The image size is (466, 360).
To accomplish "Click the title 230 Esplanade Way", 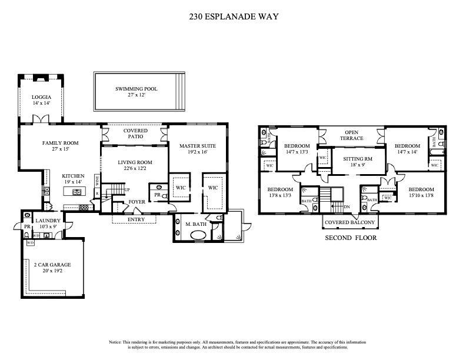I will (x=234, y=16).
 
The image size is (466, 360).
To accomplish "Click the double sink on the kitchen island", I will (x=76, y=192).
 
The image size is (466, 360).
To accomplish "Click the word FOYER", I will (x=137, y=202).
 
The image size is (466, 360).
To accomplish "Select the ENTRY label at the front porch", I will (x=137, y=219).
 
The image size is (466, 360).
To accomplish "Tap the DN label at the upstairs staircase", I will (x=348, y=206).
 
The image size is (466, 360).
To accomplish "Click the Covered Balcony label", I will (x=351, y=223).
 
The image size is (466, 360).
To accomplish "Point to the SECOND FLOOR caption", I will (x=351, y=238).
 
